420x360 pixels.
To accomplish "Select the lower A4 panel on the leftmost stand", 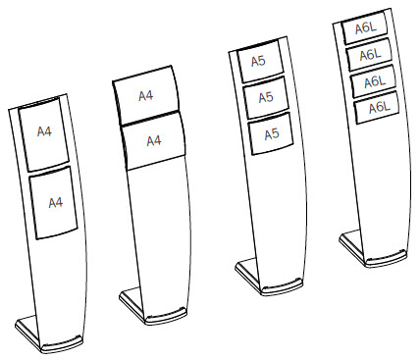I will click(55, 204).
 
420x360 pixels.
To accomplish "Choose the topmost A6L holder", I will click(365, 29).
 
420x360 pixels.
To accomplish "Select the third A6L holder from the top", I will click(373, 82).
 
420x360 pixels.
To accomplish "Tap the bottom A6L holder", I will click(377, 109).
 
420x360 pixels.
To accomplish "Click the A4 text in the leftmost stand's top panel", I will click(44, 132).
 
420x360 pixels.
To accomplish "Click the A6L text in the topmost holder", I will click(366, 28).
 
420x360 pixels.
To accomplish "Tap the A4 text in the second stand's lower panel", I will click(153, 141).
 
